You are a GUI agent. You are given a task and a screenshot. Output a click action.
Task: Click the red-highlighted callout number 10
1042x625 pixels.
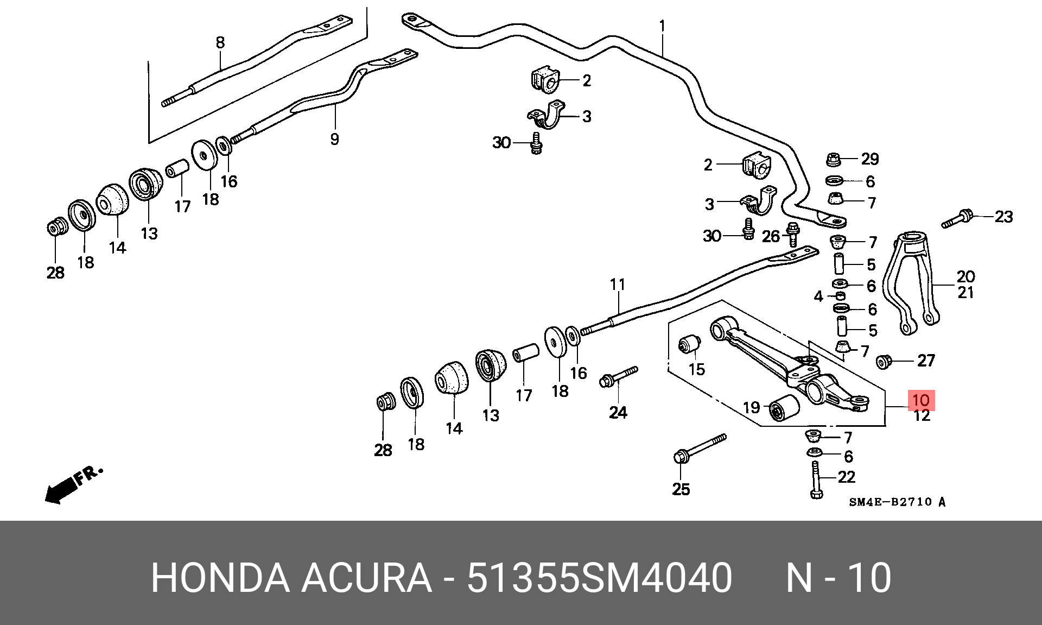pos(921,400)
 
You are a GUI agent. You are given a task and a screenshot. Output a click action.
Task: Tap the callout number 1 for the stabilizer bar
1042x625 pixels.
pos(662,26)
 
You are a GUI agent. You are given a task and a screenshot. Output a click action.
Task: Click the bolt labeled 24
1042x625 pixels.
pos(619,376)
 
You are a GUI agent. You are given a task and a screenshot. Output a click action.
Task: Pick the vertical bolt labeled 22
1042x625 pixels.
pos(816,479)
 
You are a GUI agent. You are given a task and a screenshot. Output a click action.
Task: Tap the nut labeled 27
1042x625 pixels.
pos(885,362)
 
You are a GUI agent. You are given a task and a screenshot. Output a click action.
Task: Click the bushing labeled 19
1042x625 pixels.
pos(784,408)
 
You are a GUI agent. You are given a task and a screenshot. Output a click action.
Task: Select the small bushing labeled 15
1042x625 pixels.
pos(689,344)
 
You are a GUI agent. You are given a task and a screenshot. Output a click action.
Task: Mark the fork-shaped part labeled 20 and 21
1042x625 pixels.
pos(910,282)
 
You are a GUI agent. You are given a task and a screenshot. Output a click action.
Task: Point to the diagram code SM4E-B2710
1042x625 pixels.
pos(891,502)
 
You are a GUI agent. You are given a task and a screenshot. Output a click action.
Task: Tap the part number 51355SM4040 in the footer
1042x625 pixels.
pos(599,578)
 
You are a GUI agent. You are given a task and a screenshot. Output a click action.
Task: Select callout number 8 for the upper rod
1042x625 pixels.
pos(220,42)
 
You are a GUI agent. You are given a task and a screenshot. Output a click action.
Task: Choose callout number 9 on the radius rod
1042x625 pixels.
pos(334,139)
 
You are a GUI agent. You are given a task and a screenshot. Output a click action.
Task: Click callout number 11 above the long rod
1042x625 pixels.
pos(618,284)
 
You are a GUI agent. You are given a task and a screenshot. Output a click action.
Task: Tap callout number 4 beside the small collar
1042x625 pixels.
pos(818,296)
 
